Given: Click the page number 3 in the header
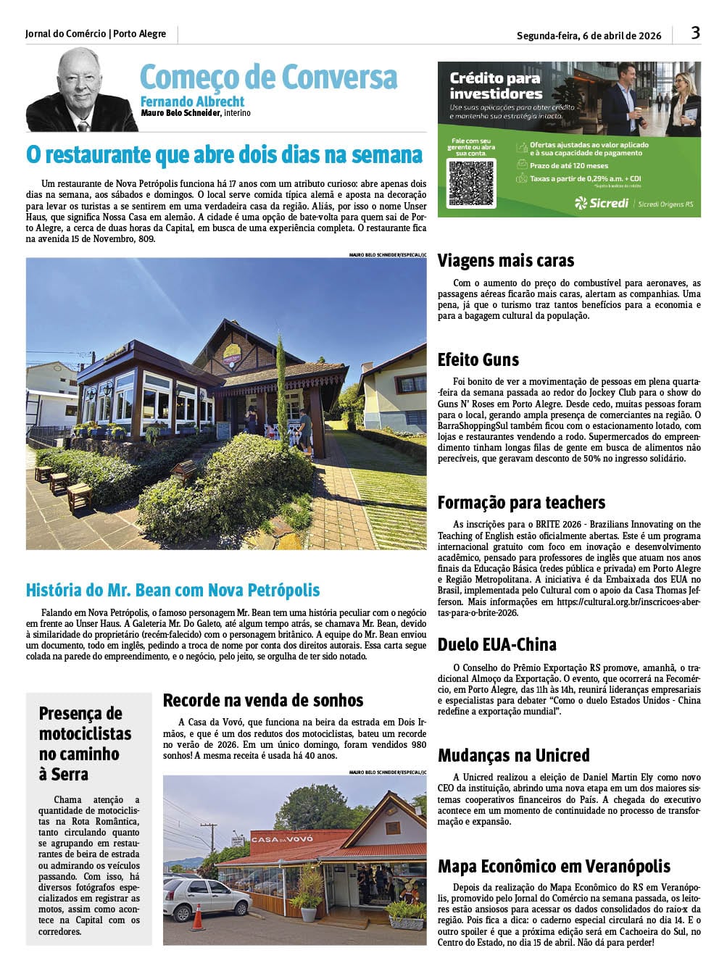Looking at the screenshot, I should click(x=695, y=33).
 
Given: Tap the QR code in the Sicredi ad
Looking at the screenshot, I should click(x=471, y=183).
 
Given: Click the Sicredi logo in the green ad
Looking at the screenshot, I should click(x=602, y=203).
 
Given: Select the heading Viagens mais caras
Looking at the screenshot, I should click(x=506, y=261).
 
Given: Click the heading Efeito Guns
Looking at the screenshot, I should click(x=478, y=360).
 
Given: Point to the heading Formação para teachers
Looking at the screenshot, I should click(x=521, y=503).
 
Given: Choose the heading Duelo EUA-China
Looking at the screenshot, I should click(x=497, y=645).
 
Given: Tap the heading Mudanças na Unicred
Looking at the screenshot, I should click(x=514, y=756).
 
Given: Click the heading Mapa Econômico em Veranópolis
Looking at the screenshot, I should click(x=554, y=867).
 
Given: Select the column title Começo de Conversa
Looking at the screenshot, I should click(x=268, y=78).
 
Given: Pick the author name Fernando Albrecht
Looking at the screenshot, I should click(x=192, y=101).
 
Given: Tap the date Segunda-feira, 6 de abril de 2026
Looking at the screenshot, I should click(x=589, y=36).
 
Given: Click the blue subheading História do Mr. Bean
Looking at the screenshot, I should click(x=173, y=591).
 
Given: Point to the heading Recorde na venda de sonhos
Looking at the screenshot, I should click(x=263, y=701).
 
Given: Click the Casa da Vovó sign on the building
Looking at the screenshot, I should click(x=283, y=838).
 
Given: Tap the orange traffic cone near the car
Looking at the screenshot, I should click(x=197, y=917).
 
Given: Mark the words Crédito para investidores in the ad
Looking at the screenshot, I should click(x=496, y=86).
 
